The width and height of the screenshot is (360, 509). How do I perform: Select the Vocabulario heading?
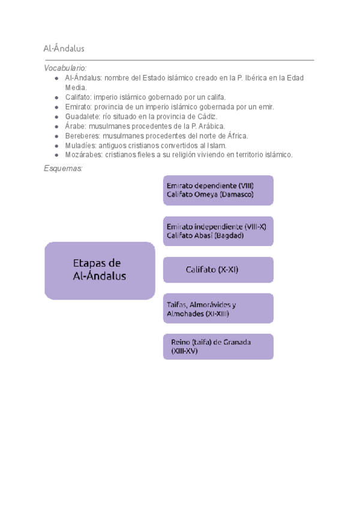pyautogui.click(x=65, y=68)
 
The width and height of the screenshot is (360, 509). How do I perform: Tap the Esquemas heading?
pyautogui.click(x=62, y=168)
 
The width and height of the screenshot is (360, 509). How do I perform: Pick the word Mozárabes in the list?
pyautogui.click(x=83, y=155)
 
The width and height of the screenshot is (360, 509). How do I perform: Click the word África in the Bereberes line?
pyautogui.click(x=235, y=136)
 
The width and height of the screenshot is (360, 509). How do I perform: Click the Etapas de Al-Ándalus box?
pyautogui.click(x=100, y=270)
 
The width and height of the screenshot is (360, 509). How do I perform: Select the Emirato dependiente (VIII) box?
pyautogui.click(x=218, y=190)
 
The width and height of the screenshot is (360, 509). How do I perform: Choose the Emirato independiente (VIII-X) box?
pyautogui.click(x=218, y=231)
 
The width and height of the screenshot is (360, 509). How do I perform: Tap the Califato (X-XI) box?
pyautogui.click(x=218, y=270)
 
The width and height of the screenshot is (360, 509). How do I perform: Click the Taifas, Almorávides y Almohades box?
pyautogui.click(x=218, y=309)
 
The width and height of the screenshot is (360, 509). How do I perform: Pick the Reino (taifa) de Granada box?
pyautogui.click(x=218, y=346)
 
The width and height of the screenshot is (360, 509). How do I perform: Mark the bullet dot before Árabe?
pyautogui.click(x=56, y=126)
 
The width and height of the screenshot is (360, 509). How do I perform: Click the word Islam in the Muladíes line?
pyautogui.click(x=217, y=145)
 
